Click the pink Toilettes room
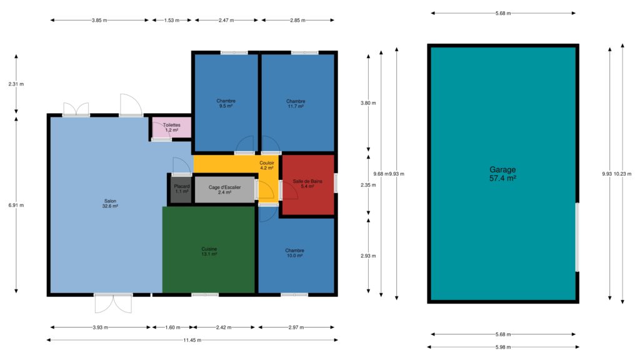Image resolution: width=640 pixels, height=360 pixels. click(x=171, y=127)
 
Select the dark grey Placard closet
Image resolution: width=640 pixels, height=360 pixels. click(x=181, y=189)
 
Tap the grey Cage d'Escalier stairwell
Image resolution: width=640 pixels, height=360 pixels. click(x=224, y=189)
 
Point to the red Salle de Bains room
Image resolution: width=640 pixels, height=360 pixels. click(x=308, y=184)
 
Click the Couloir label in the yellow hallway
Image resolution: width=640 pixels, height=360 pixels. click(x=267, y=163)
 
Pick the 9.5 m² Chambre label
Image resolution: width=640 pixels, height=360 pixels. click(x=226, y=103)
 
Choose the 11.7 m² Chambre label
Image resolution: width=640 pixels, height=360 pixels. click(x=296, y=104)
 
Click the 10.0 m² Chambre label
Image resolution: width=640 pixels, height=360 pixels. click(x=295, y=253)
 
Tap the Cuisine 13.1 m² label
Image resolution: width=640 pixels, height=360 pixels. click(x=209, y=251)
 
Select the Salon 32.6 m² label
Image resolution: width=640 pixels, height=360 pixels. click(x=110, y=204)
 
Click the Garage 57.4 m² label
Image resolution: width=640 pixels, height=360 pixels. click(x=502, y=174)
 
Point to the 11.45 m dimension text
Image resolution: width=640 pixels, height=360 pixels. click(x=192, y=340)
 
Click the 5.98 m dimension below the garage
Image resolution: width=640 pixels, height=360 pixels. click(x=503, y=347)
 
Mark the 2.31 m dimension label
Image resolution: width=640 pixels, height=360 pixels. click(x=16, y=84)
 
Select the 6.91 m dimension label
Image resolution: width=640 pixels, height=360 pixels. click(x=16, y=205)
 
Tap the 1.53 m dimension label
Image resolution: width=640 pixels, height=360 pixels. click(x=171, y=20)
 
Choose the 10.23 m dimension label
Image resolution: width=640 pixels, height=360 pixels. click(x=622, y=174)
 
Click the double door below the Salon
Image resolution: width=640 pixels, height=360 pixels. click(x=113, y=304)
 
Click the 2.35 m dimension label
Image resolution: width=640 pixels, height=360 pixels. click(x=368, y=185)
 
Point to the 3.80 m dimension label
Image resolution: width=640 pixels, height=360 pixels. click(x=368, y=103)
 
